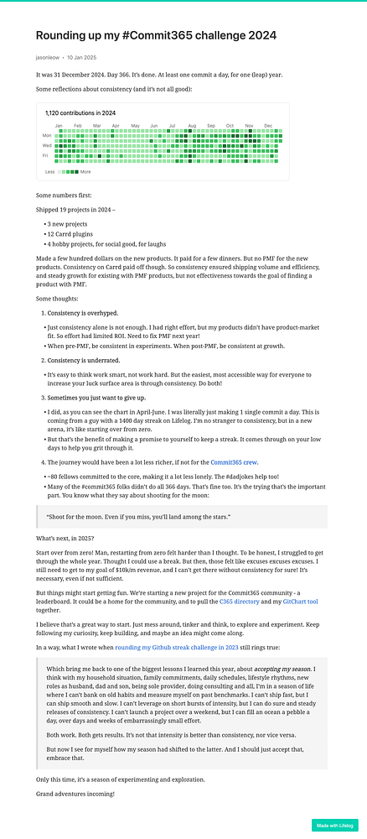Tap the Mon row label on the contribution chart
pyautogui.click(x=47, y=134)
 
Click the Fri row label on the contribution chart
pyautogui.click(x=47, y=154)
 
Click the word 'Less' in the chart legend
pyautogui.click(x=50, y=172)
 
